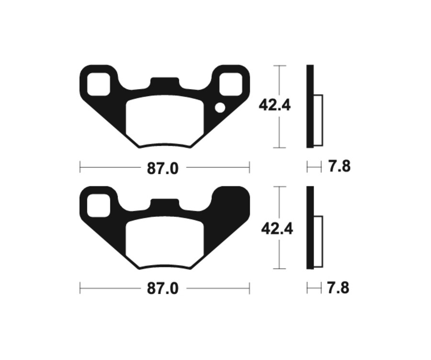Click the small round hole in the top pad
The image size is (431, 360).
click(x=220, y=108)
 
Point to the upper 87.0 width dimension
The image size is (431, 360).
click(x=163, y=168)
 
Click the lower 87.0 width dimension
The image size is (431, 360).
click(x=163, y=289)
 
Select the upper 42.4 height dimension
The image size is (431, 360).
click(x=274, y=104)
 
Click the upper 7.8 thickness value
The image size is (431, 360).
click(x=339, y=167)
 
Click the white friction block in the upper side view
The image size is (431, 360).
click(x=318, y=120)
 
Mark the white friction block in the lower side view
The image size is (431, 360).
click(x=318, y=241)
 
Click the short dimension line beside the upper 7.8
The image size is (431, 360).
click(x=314, y=167)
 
